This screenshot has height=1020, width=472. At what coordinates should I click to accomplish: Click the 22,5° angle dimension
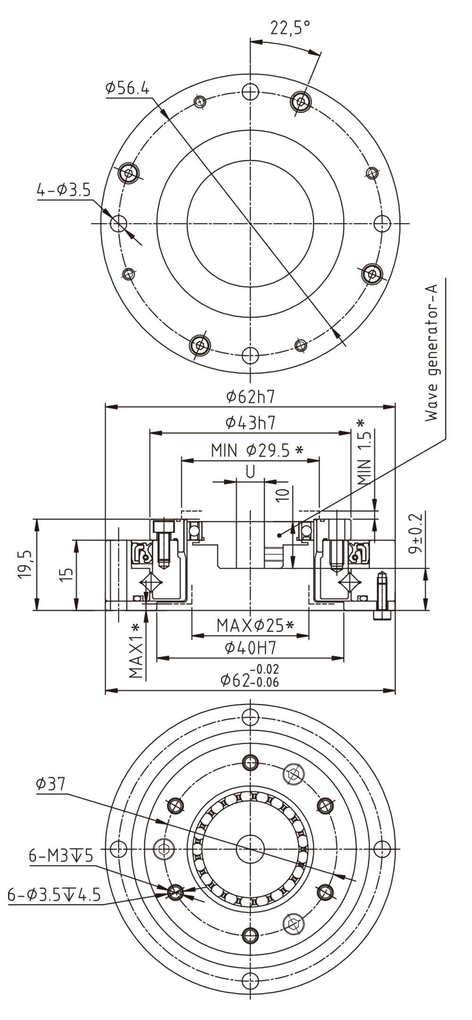pos(290,28)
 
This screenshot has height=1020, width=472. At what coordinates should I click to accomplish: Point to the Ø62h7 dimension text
pos(250,397)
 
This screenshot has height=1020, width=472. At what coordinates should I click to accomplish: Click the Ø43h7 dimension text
pos(250,423)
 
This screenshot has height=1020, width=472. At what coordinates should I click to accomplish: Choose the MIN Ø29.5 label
pos(257,451)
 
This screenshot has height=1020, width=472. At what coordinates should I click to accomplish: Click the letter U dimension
pos(250,472)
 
